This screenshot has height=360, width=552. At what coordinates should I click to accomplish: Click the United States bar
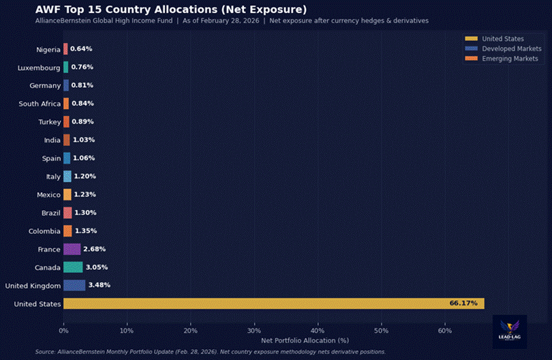pyautogui.click(x=273, y=303)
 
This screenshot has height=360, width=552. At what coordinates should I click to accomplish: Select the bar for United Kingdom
pyautogui.click(x=74, y=285)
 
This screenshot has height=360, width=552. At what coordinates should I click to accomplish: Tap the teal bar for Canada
pyautogui.click(x=73, y=267)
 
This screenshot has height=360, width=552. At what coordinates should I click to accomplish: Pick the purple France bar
pyautogui.click(x=72, y=249)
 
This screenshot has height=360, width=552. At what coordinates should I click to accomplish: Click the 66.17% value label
pyautogui.click(x=463, y=303)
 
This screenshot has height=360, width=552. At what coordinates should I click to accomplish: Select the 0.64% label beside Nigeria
pyautogui.click(x=81, y=49)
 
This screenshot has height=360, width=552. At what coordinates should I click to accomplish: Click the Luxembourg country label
pyautogui.click(x=40, y=67)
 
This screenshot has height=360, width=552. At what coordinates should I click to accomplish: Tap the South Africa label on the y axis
pyautogui.click(x=40, y=104)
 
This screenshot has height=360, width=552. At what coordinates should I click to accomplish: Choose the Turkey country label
pyautogui.click(x=49, y=122)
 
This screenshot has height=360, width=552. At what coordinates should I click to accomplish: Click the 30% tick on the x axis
pyautogui.click(x=254, y=331)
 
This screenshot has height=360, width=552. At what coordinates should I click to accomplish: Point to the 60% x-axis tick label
pyautogui.click(x=445, y=331)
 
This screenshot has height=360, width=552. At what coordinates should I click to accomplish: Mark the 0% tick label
pyautogui.click(x=63, y=331)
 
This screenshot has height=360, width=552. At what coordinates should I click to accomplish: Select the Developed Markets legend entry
pyautogui.click(x=511, y=48)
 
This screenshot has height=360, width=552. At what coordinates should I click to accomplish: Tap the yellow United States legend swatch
pyautogui.click(x=471, y=39)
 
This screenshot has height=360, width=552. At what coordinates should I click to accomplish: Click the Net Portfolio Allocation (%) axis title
pyautogui.click(x=305, y=340)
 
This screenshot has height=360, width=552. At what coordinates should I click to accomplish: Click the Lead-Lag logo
pyautogui.click(x=510, y=330)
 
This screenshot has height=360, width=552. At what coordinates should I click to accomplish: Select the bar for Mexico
pyautogui.click(x=67, y=194)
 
